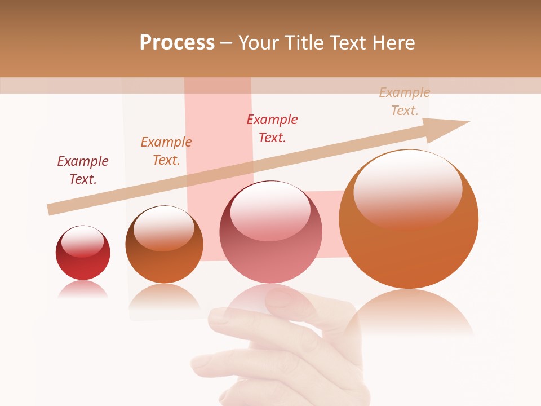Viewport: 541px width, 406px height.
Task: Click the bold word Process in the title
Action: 177,43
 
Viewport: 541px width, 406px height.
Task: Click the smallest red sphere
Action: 83,253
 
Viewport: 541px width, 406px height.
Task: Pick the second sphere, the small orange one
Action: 164,245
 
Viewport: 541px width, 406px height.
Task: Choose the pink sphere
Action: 270,232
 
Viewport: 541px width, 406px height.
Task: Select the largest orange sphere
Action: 409,219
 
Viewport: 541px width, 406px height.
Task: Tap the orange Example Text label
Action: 166,151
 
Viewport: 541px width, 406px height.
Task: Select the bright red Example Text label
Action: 272,129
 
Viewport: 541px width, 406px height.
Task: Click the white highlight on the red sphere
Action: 83,241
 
